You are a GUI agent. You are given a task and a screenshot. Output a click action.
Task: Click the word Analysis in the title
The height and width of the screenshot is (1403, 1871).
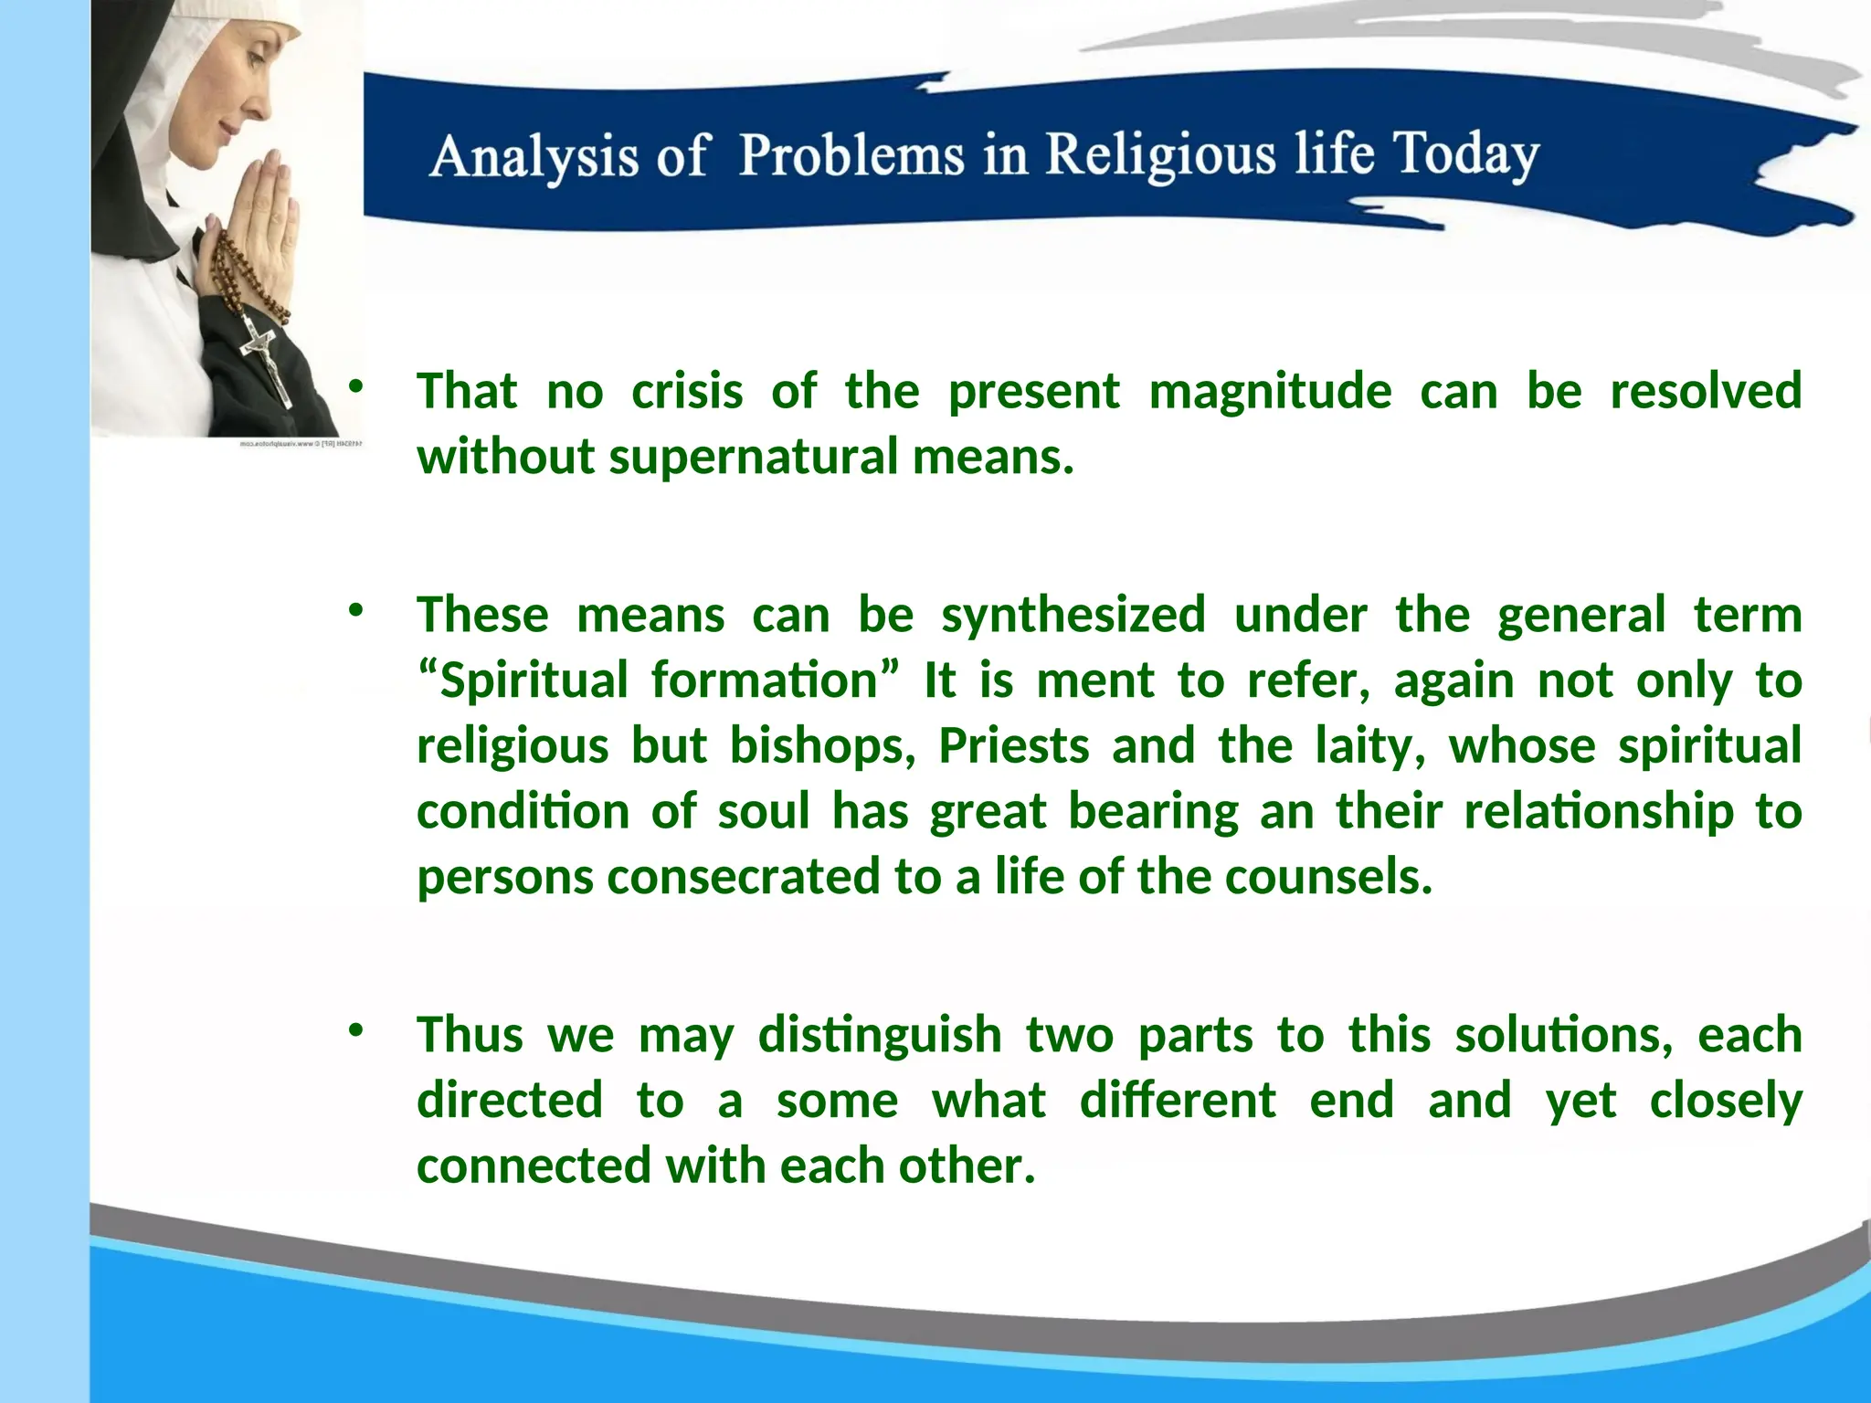click(x=533, y=157)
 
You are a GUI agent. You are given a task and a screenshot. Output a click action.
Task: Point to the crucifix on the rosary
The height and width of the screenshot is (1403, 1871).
click(x=265, y=356)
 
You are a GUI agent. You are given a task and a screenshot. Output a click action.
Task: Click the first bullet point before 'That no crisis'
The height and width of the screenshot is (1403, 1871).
click(x=355, y=387)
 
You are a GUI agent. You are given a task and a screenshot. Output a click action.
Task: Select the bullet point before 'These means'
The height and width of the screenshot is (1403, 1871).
click(x=355, y=610)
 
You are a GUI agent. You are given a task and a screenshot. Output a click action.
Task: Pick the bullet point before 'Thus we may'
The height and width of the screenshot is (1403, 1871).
click(x=355, y=1030)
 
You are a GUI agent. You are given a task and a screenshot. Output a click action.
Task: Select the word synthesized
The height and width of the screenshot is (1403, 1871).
click(x=1073, y=615)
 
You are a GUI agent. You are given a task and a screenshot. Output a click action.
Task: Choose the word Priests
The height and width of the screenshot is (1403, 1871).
click(x=1014, y=746)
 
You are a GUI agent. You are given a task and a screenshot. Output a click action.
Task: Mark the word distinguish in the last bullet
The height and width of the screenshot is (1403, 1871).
click(x=880, y=1036)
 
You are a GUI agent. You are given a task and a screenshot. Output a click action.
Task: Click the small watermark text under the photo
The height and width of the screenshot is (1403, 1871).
click(x=301, y=444)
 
